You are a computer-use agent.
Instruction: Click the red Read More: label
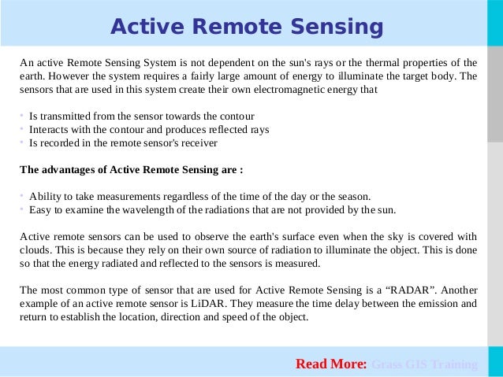331,364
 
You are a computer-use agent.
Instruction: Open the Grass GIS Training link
424,364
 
